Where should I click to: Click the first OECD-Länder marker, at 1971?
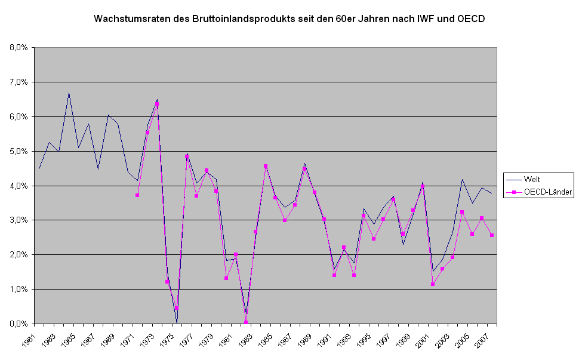pos(137,195)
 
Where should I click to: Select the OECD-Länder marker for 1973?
pos(157,104)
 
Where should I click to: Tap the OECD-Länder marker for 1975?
pos(177,308)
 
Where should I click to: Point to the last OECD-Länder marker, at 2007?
pos(491,235)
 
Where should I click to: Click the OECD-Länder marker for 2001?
pos(433,284)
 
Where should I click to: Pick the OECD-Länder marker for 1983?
pos(255,232)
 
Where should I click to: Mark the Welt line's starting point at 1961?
pos(39,168)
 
